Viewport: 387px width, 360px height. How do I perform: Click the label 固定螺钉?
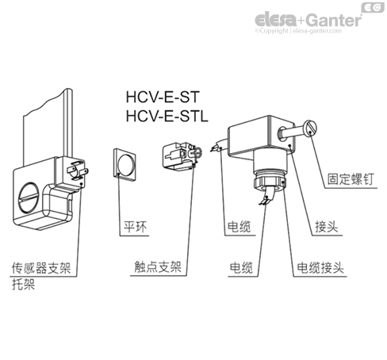(x=348, y=179)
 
